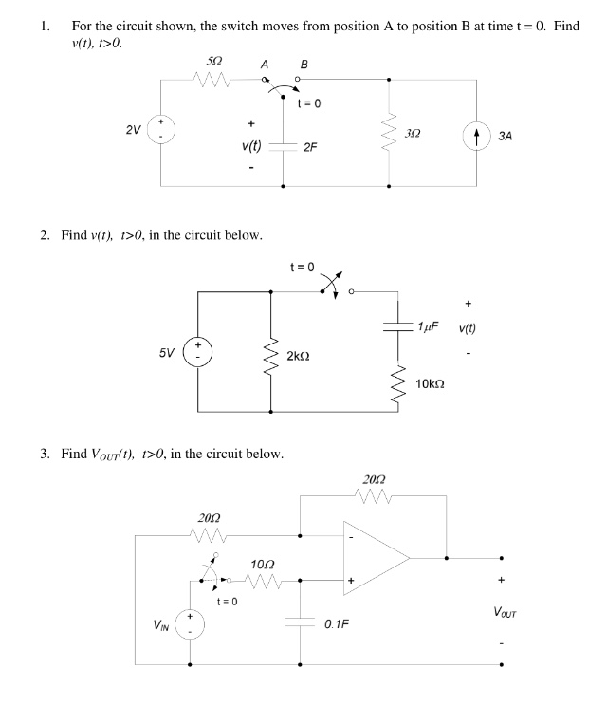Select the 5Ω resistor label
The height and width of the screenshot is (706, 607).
214,61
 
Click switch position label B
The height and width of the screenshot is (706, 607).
303,64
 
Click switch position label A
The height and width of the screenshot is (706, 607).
265,64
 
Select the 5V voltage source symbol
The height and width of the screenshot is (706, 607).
198,350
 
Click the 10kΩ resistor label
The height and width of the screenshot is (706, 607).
432,383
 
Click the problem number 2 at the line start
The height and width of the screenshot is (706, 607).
44,235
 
